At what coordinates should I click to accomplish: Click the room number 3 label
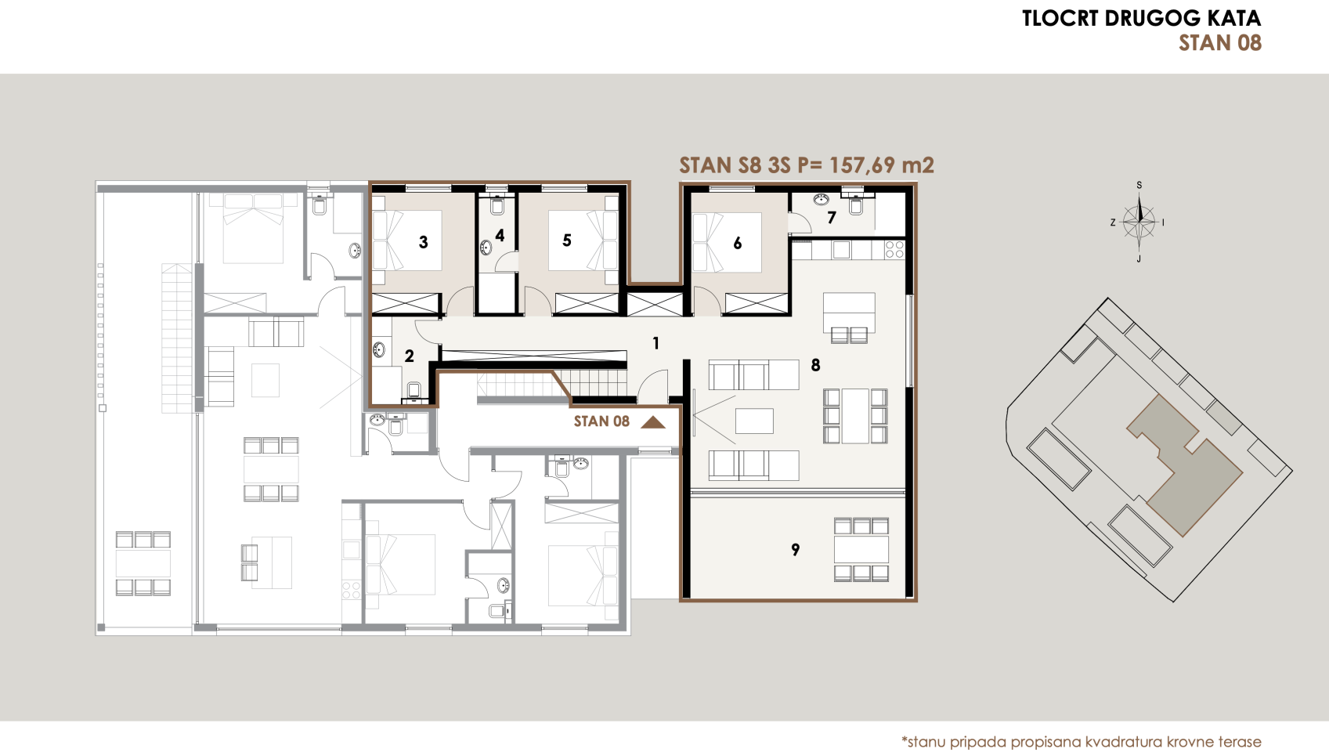click(423, 242)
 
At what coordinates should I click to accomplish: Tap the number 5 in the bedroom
click(567, 240)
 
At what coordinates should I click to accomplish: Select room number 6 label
click(737, 244)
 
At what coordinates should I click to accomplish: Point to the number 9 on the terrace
click(795, 550)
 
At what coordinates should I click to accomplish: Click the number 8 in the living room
click(815, 365)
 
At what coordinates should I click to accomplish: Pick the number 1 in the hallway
click(655, 343)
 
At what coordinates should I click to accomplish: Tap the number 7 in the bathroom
click(832, 218)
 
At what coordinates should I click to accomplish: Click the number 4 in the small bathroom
click(500, 235)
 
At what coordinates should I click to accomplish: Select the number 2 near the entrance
click(409, 356)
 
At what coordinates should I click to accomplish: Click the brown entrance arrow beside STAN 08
click(652, 422)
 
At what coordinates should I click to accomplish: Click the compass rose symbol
click(1139, 222)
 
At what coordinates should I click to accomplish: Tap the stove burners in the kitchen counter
click(894, 250)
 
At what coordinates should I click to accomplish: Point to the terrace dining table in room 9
click(861, 549)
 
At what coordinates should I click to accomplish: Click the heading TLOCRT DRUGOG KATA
click(1141, 19)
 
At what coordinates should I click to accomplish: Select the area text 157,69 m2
click(881, 165)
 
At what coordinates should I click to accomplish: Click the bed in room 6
click(728, 242)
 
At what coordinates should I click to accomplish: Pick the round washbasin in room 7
click(821, 200)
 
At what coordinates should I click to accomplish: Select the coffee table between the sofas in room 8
click(754, 421)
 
